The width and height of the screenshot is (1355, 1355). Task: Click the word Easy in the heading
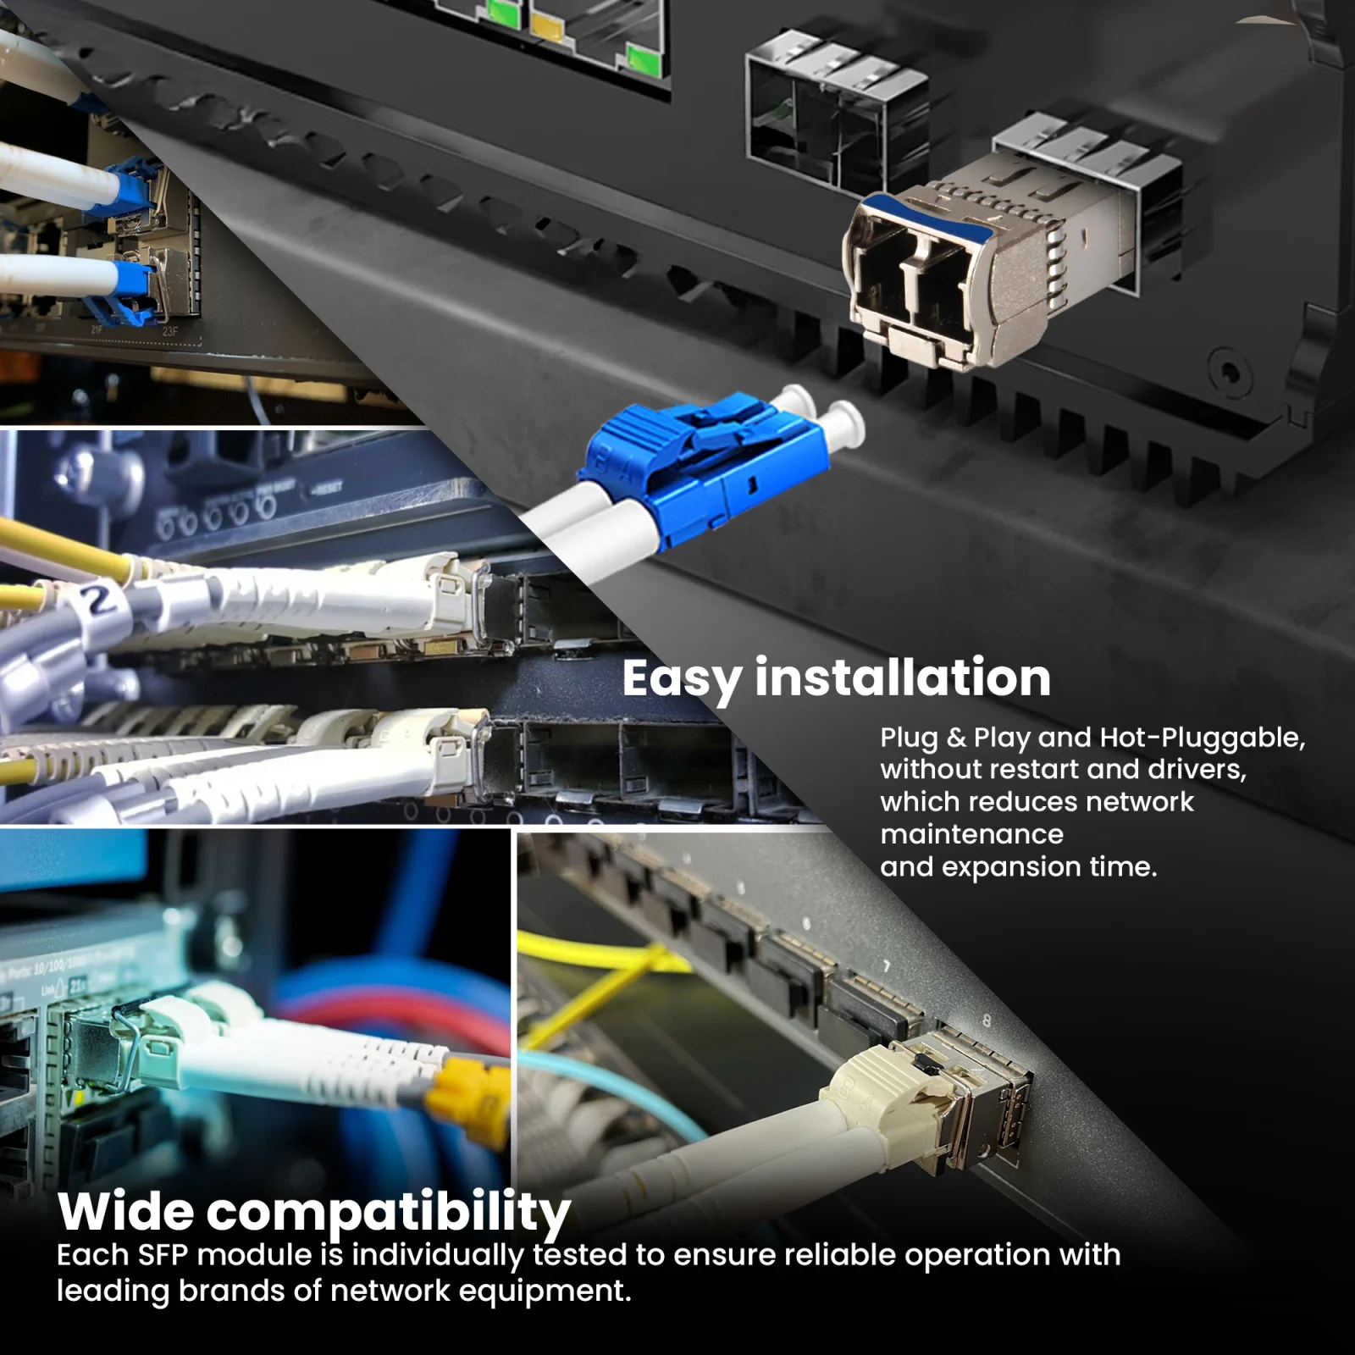[682, 679]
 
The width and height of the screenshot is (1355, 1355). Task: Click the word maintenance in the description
[971, 834]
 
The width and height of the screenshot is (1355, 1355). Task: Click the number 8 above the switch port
[986, 1021]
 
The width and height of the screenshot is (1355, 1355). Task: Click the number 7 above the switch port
[887, 966]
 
